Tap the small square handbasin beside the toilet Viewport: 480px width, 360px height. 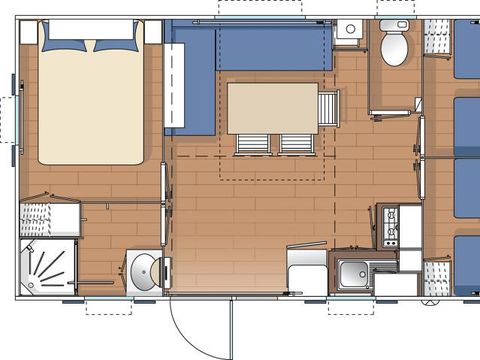(x=349, y=30)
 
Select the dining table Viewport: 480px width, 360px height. (x=272, y=108)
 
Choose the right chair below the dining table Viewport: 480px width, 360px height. (x=296, y=144)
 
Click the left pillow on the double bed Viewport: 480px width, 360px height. (x=66, y=44)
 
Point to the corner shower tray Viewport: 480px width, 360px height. (x=44, y=267)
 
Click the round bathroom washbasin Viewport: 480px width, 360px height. (x=144, y=271)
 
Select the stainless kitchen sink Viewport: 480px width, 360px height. (x=351, y=272)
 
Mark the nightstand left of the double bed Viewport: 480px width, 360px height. (x=29, y=31)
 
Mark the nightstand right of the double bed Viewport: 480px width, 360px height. (x=153, y=31)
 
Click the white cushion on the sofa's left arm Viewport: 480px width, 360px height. (x=174, y=76)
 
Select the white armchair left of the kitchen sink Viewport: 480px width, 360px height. (x=306, y=268)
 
